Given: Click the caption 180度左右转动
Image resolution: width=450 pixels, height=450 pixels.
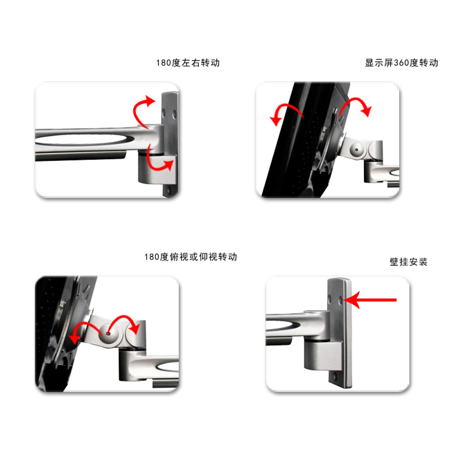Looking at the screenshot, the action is tap(188, 63).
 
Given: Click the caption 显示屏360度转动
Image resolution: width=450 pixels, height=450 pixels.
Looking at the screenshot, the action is tap(401, 63).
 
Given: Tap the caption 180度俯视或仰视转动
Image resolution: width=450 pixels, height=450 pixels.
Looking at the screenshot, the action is tap(191, 257).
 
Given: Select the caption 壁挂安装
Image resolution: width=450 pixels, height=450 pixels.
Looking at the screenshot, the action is tap(408, 262).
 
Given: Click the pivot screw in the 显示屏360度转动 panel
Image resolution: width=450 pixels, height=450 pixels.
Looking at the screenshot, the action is tap(356, 150).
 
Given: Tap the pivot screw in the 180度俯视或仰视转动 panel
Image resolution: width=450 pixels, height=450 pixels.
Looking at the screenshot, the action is tap(108, 334).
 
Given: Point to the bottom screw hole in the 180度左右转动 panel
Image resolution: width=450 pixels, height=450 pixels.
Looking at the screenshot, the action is tap(169, 190).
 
